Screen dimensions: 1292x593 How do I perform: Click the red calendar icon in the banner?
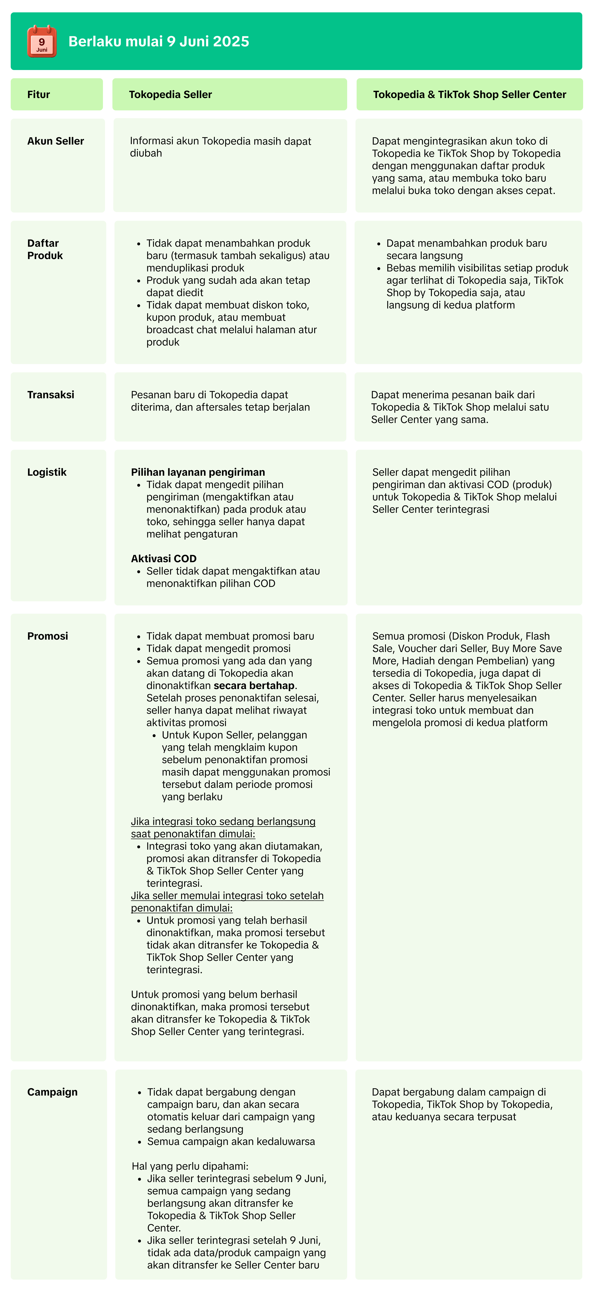pos(42,41)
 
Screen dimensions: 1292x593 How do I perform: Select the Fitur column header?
pos(39,94)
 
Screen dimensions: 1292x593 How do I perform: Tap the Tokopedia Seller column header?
pos(170,94)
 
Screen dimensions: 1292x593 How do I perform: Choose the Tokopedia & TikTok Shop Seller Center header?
pos(470,94)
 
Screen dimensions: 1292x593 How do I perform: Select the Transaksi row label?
pos(51,395)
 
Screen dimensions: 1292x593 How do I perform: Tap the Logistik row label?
pos(47,472)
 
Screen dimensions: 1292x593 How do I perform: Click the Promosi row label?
pos(48,636)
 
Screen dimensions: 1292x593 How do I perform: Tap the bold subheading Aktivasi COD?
pos(163,558)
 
